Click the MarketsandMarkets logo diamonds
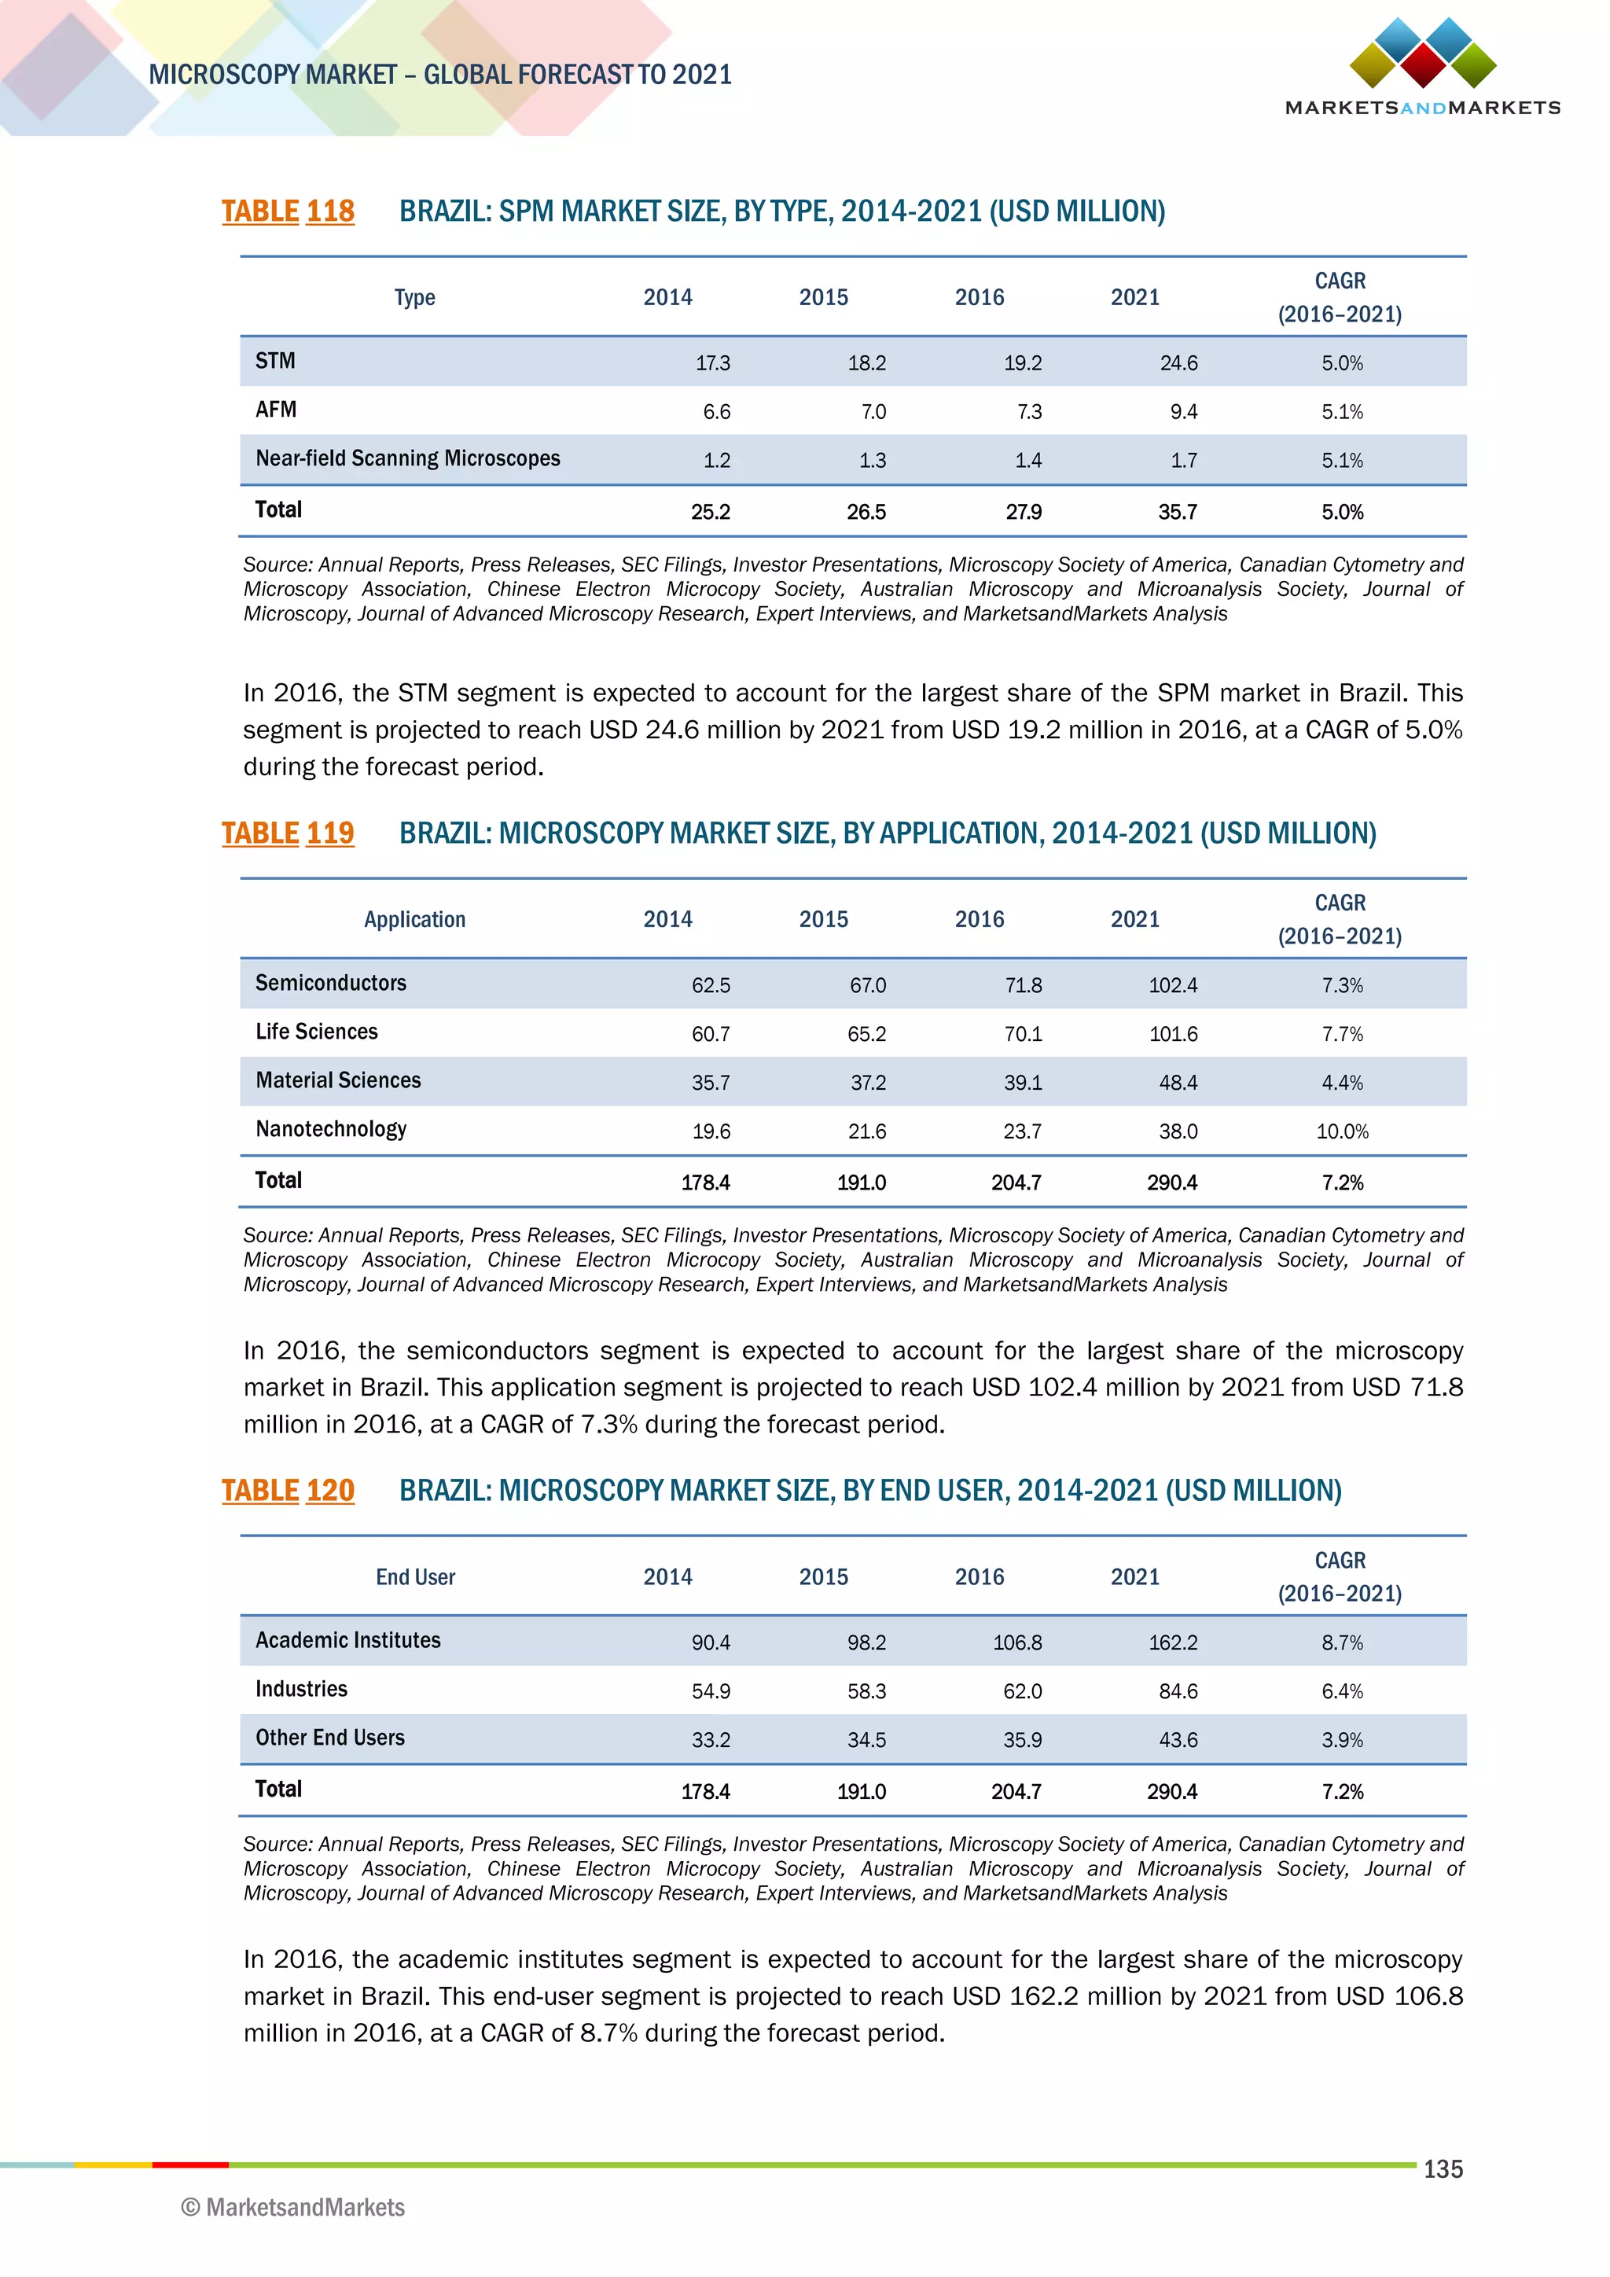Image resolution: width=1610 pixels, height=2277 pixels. (x=1423, y=54)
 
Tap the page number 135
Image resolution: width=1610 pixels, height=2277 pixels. (x=1443, y=2169)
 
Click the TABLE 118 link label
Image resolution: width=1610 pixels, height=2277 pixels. (x=288, y=212)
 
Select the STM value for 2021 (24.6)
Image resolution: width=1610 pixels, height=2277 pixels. (x=1178, y=363)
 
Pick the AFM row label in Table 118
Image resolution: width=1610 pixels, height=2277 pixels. (x=276, y=410)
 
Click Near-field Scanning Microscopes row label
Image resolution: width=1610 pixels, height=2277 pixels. (x=407, y=458)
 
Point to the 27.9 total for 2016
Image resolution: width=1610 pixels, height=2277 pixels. (x=1022, y=512)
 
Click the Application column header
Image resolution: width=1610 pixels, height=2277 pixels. (x=414, y=919)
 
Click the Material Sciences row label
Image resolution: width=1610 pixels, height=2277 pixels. (x=338, y=1080)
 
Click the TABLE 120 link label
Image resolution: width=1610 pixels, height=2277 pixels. (x=288, y=1491)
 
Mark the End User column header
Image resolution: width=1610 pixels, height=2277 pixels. (x=414, y=1577)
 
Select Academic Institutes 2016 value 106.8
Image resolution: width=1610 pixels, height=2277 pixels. (x=1017, y=1643)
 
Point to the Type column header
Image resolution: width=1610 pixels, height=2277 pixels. (x=414, y=297)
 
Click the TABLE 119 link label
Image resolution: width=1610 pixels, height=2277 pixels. (x=288, y=833)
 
